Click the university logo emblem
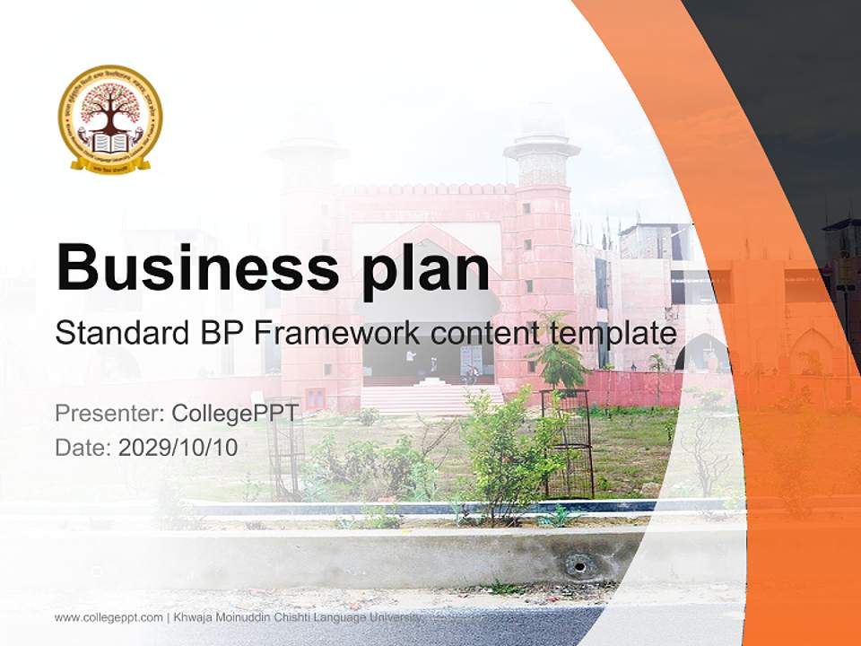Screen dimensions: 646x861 pos(110,118)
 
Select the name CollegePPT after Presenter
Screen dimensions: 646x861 pos(235,414)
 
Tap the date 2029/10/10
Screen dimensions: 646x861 pos(178,447)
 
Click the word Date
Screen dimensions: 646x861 pos(83,447)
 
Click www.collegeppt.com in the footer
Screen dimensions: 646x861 pos(109,617)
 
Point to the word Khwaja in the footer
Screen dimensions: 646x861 pos(195,617)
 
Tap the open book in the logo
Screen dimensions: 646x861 pos(110,143)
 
